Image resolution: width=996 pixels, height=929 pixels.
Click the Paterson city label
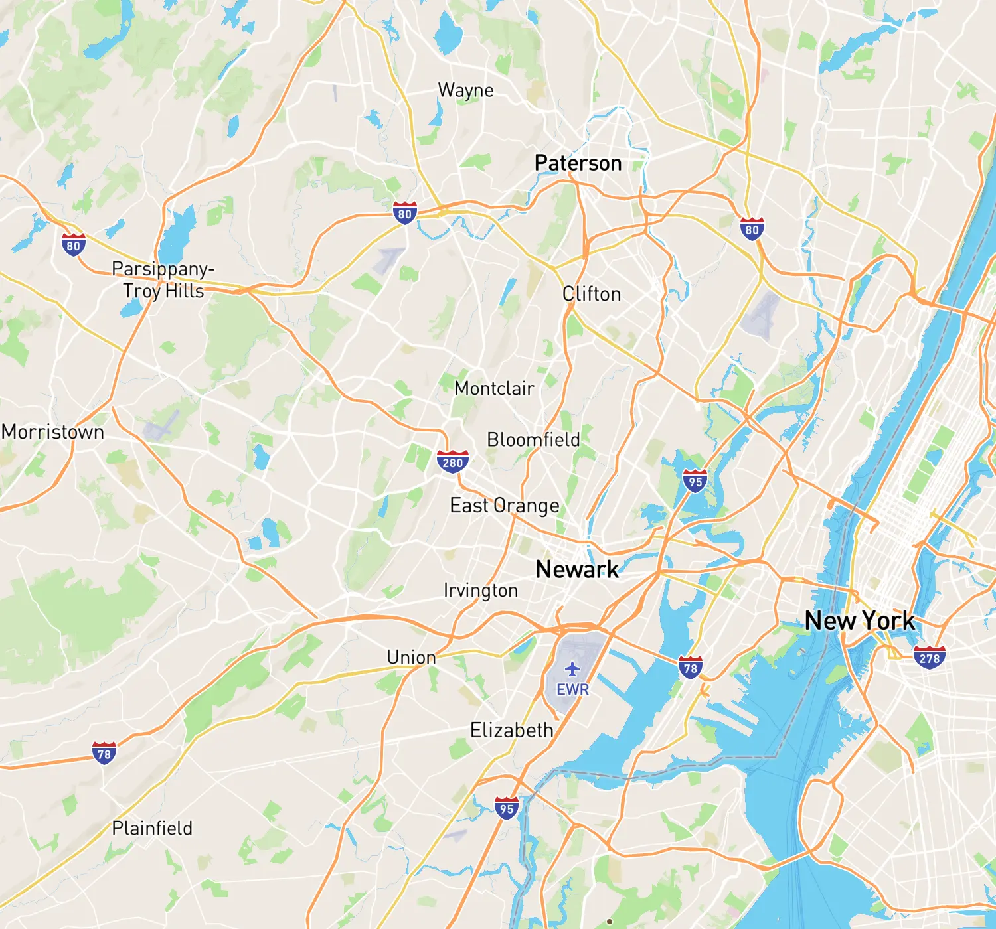pos(578,163)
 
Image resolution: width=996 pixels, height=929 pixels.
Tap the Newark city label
pos(576,569)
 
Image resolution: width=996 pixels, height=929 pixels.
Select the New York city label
pos(859,621)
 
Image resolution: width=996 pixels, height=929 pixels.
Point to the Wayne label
pos(465,90)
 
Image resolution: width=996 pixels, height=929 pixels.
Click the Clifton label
pos(592,294)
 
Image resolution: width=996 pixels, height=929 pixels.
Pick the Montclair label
pos(494,388)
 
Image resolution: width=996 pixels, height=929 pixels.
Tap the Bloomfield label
pos(533,439)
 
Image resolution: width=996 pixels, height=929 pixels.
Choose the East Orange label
pos(505,506)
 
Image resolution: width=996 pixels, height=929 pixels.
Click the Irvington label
pos(481,590)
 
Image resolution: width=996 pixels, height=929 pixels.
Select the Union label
pos(411,657)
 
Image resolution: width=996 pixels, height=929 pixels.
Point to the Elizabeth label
pos(511,731)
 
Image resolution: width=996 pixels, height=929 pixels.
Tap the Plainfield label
pos(152,828)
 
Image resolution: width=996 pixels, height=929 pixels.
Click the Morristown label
pos(53,432)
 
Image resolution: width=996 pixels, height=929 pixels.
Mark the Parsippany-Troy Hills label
pos(163,279)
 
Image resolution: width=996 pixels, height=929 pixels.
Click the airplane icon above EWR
pos(572,669)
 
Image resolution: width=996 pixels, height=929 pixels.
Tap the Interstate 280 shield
pos(453,462)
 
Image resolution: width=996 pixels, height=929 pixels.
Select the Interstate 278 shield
pos(929,657)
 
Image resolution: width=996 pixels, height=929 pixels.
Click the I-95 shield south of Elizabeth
pos(507,808)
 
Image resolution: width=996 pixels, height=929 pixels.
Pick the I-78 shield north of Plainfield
pos(104,753)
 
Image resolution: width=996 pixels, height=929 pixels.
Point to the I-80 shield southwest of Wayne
pos(405,213)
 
